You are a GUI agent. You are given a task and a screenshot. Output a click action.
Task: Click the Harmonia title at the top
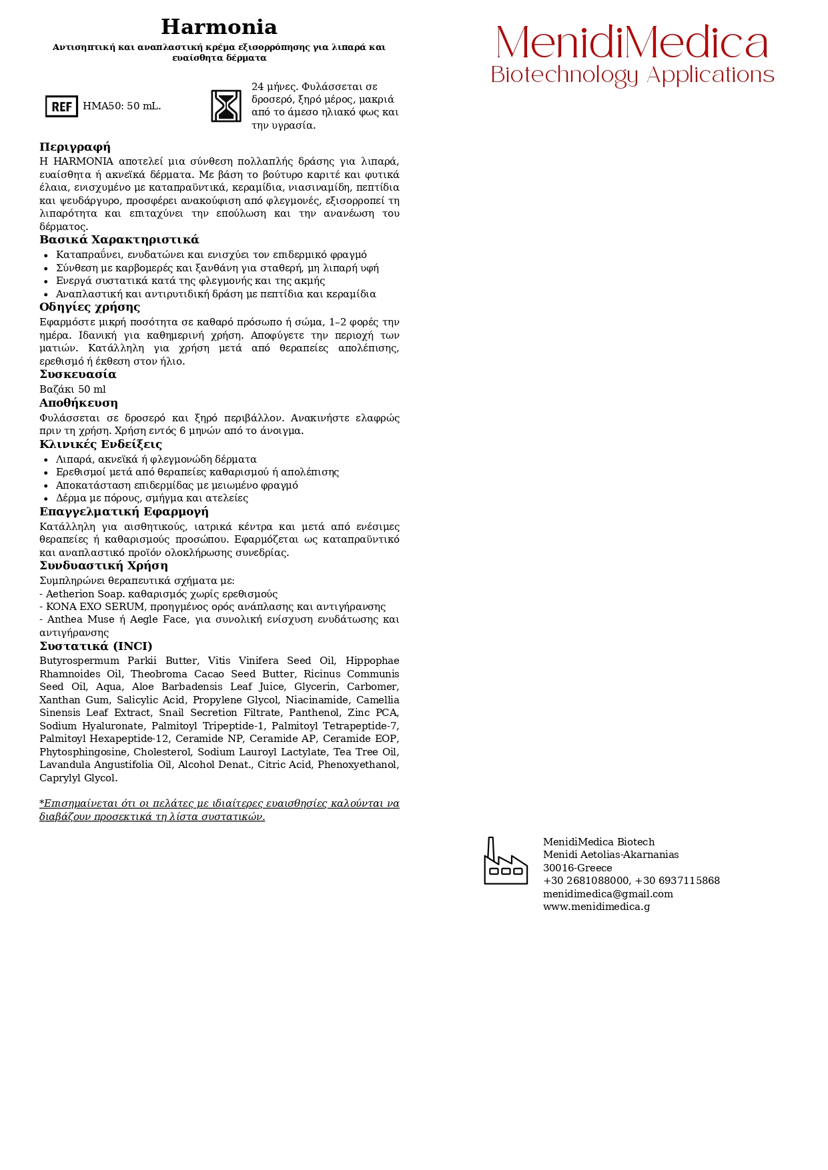click(x=219, y=27)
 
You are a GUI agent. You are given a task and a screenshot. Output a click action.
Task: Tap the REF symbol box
click(x=61, y=106)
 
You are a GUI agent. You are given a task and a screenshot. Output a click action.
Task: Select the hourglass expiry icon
click(x=226, y=106)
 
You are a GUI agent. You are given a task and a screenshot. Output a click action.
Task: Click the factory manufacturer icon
click(x=505, y=861)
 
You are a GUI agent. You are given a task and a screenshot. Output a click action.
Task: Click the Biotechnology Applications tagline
click(x=632, y=75)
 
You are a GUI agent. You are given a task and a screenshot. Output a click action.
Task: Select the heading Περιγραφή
click(x=75, y=147)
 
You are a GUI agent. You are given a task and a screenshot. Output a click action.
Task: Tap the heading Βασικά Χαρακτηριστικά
click(x=119, y=240)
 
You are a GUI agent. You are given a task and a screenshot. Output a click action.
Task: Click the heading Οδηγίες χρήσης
click(x=89, y=307)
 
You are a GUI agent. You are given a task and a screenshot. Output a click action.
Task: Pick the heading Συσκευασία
click(x=77, y=375)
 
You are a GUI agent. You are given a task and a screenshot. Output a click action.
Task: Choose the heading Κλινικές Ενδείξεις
click(x=100, y=445)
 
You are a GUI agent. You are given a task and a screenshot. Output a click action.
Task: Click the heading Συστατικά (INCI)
click(x=95, y=647)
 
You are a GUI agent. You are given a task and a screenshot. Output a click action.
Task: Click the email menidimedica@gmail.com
click(x=608, y=894)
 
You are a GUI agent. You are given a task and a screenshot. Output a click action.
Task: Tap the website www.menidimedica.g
click(x=596, y=907)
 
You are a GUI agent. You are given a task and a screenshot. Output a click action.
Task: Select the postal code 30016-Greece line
click(x=577, y=868)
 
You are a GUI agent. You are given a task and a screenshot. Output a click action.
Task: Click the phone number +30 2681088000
click(x=586, y=881)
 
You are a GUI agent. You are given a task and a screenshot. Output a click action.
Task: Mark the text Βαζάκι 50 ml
click(x=72, y=389)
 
